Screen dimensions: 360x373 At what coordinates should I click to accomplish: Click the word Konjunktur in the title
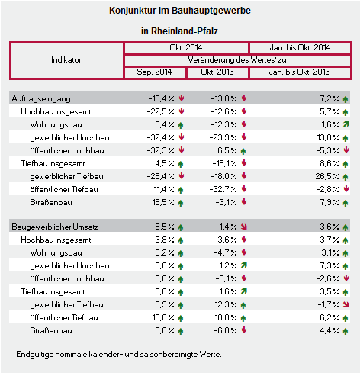click(133, 11)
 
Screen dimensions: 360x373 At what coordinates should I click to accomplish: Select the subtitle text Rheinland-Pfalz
click(185, 31)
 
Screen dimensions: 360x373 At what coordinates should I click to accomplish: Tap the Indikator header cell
click(66, 60)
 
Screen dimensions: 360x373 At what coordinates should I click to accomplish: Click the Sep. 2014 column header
click(154, 72)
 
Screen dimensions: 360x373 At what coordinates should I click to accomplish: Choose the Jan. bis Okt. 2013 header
click(300, 72)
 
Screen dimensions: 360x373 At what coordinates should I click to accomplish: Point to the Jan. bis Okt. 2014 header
click(300, 47)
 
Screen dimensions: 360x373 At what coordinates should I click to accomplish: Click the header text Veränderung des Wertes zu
click(237, 60)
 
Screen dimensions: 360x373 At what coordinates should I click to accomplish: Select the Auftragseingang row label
click(41, 99)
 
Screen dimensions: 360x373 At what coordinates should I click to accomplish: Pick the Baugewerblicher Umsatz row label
click(55, 227)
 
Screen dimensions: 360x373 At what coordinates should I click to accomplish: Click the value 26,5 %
click(327, 176)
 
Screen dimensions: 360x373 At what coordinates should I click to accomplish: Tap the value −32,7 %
click(223, 189)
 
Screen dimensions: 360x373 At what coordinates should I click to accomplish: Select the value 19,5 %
click(163, 202)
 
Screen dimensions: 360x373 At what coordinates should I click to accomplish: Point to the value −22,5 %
click(161, 111)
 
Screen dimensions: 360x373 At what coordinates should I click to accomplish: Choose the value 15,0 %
click(163, 317)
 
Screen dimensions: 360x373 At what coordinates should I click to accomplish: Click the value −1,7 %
click(328, 304)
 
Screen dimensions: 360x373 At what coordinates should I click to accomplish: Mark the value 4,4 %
click(329, 330)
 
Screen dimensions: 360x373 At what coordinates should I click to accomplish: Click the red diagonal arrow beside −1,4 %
click(244, 227)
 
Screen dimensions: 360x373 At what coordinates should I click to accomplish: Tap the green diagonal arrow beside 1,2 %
click(244, 265)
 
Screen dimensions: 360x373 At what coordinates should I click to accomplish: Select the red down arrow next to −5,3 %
click(346, 150)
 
